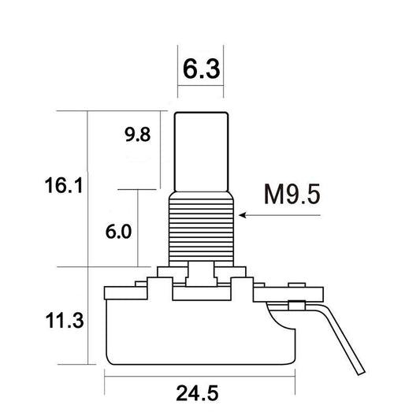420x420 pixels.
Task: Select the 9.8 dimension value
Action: pyautogui.click(x=137, y=134)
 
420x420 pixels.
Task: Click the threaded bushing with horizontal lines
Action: pyautogui.click(x=203, y=229)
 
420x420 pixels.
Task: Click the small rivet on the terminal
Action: pyautogui.click(x=298, y=304)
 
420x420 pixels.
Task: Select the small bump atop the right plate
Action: pyautogui.click(x=298, y=284)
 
